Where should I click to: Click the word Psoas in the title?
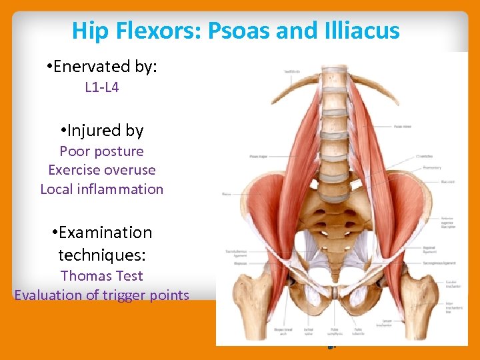237,30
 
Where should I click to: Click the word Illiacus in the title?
359,30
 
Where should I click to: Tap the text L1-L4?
102,87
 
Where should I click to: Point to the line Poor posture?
102,151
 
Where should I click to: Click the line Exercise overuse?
102,170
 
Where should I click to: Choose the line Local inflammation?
102,189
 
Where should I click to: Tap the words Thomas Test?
102,275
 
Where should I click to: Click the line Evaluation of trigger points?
102,295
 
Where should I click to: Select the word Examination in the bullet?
105,232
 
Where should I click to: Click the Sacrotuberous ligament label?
234,254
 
